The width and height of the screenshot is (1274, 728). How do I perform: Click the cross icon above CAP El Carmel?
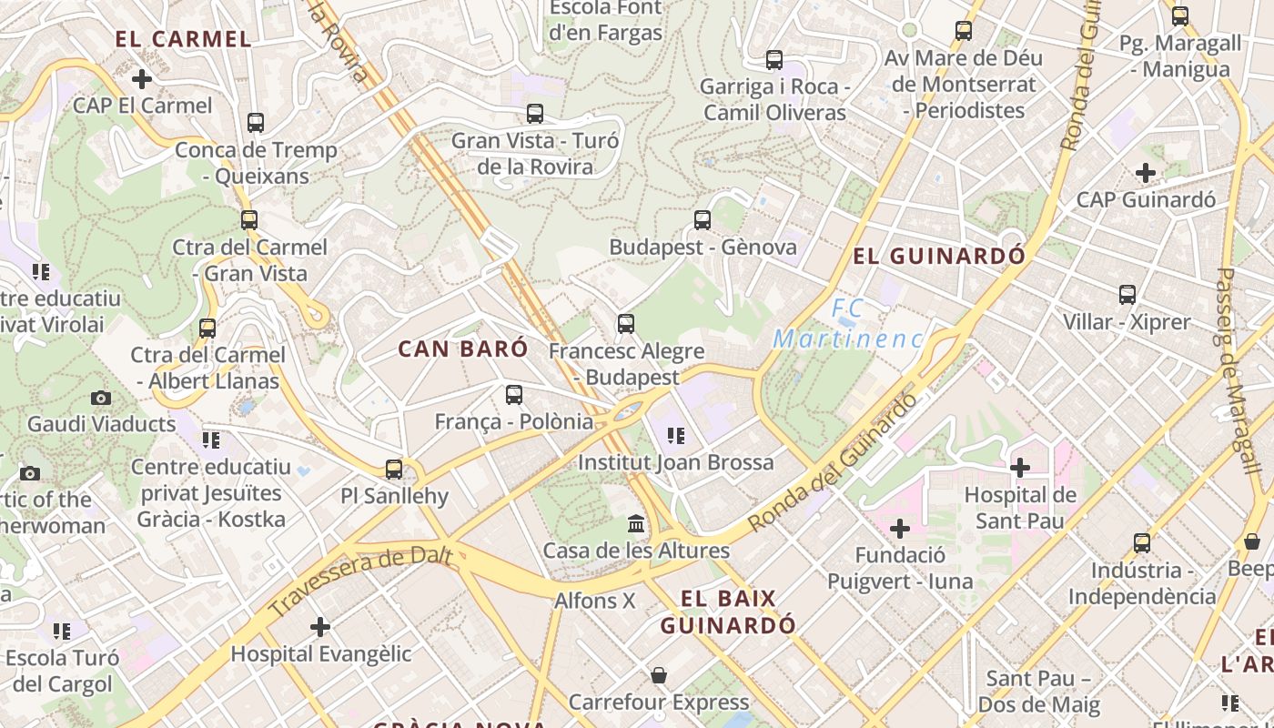point(142,79)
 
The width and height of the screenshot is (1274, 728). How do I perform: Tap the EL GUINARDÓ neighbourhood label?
point(938,257)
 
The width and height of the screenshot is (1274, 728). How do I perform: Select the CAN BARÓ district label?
point(463,349)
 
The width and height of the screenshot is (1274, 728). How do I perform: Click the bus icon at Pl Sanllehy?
point(394,470)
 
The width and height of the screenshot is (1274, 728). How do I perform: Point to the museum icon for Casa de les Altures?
point(636,524)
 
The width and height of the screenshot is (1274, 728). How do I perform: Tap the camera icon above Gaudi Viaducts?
point(101,398)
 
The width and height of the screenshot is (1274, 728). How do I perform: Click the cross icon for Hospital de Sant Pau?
point(1020,468)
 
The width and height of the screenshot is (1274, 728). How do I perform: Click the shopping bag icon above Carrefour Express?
point(659,675)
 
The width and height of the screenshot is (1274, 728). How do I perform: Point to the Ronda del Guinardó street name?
point(832,463)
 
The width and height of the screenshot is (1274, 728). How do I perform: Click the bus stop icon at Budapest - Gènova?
point(703,220)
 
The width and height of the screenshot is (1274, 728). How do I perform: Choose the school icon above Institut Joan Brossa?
point(675,436)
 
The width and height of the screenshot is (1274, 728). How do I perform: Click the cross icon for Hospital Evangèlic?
point(320,627)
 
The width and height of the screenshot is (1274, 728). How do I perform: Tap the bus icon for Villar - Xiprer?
point(1127,295)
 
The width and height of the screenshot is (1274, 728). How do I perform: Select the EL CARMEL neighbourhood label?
point(183,39)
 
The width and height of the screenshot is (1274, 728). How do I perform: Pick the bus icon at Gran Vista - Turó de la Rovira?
point(535,114)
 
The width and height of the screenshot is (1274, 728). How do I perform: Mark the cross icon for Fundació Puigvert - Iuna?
point(900,529)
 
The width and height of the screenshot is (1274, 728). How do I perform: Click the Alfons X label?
point(595,601)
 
